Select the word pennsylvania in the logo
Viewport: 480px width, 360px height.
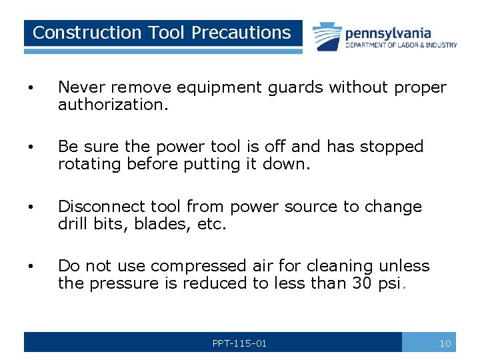[x=387, y=33]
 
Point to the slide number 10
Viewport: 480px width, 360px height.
[x=445, y=343]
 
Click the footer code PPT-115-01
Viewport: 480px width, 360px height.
[x=239, y=343]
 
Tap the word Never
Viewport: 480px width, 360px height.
[x=83, y=87]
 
